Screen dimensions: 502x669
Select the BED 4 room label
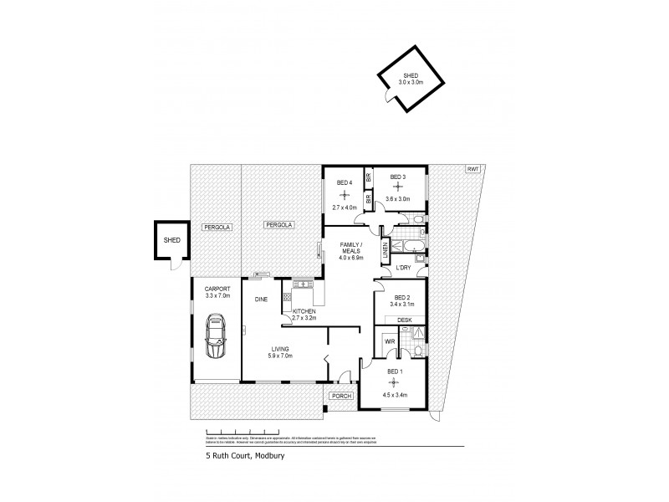tap(345, 182)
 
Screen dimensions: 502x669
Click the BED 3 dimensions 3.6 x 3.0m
tap(397, 199)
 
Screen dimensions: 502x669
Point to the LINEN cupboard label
tap(386, 248)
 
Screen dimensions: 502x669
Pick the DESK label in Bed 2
tap(404, 320)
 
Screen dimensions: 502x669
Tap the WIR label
tap(389, 341)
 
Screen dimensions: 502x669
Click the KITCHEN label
tap(304, 312)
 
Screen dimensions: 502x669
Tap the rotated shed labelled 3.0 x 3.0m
tap(406, 80)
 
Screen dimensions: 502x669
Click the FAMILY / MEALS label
tap(350, 248)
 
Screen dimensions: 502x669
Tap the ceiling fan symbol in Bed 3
tap(398, 187)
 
